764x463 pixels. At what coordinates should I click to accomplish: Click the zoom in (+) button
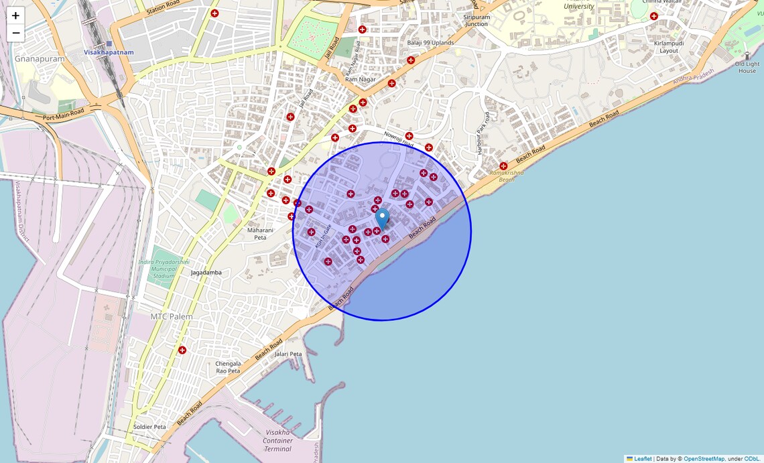pyautogui.click(x=15, y=15)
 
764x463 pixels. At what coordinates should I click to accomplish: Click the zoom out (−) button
pyautogui.click(x=15, y=33)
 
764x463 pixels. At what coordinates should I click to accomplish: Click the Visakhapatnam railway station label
pyautogui.click(x=109, y=52)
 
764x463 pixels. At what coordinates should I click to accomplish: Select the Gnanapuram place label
pyautogui.click(x=40, y=59)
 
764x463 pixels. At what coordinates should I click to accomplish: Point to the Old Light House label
pyautogui.click(x=747, y=67)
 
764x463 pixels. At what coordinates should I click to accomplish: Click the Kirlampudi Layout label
pyautogui.click(x=668, y=47)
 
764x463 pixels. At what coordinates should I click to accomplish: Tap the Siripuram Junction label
pyautogui.click(x=476, y=21)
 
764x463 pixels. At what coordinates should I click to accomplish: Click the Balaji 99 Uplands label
pyautogui.click(x=430, y=43)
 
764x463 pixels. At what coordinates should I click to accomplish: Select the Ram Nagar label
pyautogui.click(x=360, y=79)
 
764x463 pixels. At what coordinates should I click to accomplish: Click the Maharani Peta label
pyautogui.click(x=257, y=234)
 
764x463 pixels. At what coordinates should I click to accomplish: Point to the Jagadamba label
pyautogui.click(x=206, y=273)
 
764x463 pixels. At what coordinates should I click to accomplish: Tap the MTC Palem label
pyautogui.click(x=172, y=316)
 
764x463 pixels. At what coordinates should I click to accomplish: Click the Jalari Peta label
pyautogui.click(x=288, y=354)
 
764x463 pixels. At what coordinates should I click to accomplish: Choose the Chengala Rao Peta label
pyautogui.click(x=228, y=367)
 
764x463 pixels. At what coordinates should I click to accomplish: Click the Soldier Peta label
pyautogui.click(x=149, y=427)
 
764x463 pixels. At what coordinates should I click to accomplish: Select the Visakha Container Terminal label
pyautogui.click(x=277, y=440)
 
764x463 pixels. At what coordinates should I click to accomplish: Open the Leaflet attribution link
pyautogui.click(x=643, y=459)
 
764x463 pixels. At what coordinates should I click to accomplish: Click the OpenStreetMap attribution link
pyautogui.click(x=704, y=459)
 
